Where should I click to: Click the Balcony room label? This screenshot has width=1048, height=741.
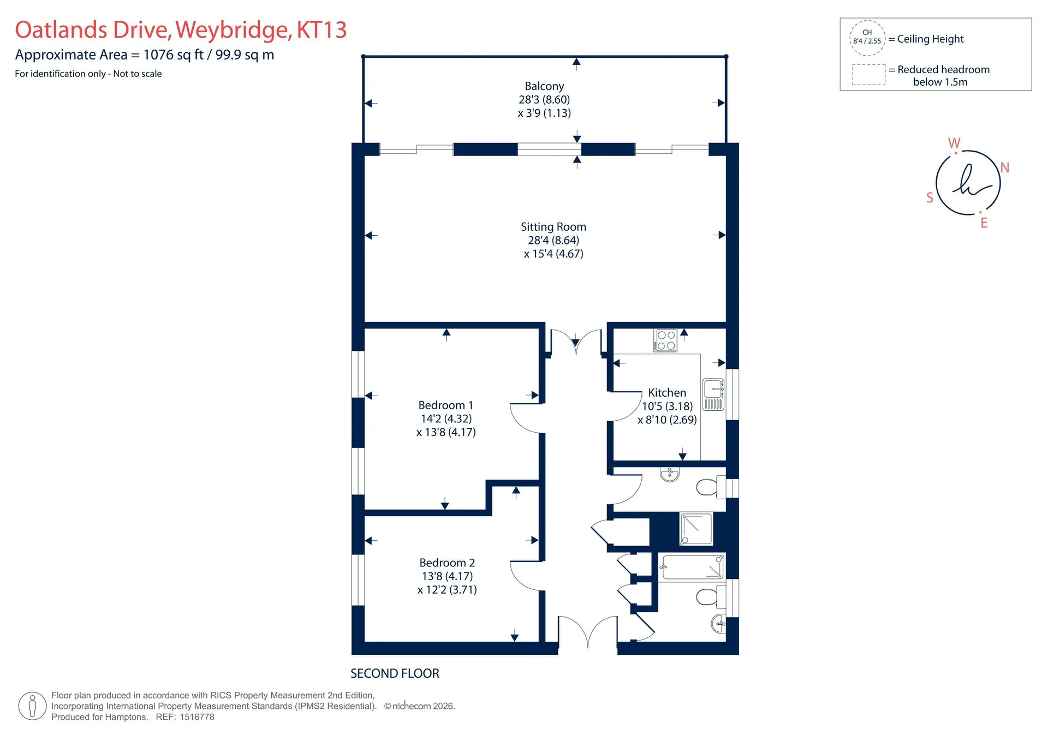(x=544, y=86)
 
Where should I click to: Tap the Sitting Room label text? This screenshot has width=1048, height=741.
(x=553, y=227)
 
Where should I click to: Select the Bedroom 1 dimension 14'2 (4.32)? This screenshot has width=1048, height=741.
(x=446, y=419)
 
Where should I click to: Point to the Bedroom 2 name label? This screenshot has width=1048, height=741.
(x=447, y=563)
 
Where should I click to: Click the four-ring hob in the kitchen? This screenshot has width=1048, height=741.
(x=665, y=340)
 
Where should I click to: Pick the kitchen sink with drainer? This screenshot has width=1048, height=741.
(x=713, y=395)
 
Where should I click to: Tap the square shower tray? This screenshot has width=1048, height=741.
(x=696, y=529)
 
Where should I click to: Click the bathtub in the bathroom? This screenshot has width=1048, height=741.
(x=692, y=567)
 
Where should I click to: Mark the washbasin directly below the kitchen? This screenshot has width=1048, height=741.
(x=670, y=474)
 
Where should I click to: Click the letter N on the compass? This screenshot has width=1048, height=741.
(x=1005, y=168)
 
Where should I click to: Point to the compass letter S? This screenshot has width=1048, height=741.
(x=930, y=198)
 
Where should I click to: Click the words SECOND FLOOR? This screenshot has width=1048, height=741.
(x=395, y=674)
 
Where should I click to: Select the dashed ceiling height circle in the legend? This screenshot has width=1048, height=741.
(x=867, y=38)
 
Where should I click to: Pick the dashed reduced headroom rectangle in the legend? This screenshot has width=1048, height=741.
(x=869, y=75)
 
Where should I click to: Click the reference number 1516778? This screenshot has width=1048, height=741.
(x=197, y=717)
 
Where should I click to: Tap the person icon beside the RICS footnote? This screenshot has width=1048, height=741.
(x=32, y=706)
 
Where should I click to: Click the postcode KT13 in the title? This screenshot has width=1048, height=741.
(x=321, y=30)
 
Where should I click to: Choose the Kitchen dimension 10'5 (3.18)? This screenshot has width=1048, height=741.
(x=667, y=407)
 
